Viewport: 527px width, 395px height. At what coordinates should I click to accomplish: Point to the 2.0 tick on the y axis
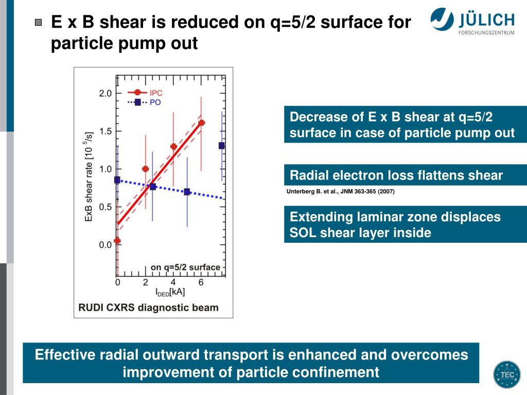105,94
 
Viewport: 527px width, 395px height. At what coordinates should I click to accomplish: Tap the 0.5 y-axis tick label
105,207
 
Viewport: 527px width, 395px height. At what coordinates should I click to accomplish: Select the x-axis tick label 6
201,282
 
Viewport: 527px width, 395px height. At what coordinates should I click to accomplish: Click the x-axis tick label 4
173,282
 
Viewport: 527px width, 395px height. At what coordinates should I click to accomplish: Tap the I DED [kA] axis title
170,292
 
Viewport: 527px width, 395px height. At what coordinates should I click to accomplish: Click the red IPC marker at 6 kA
201,123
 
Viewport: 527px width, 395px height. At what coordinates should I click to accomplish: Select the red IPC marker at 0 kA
117,240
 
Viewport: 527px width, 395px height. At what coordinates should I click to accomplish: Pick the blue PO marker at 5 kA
187,192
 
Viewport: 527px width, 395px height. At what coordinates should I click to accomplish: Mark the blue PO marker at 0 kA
117,180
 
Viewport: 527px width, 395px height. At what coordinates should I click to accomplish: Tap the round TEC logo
507,374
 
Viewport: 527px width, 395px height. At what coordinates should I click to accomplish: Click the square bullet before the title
39,22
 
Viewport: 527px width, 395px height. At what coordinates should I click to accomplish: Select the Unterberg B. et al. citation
340,192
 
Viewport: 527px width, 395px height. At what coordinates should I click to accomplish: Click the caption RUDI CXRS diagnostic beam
148,308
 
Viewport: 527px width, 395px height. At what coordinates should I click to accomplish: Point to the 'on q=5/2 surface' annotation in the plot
185,267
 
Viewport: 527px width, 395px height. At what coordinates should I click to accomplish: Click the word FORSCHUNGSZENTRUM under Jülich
486,33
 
